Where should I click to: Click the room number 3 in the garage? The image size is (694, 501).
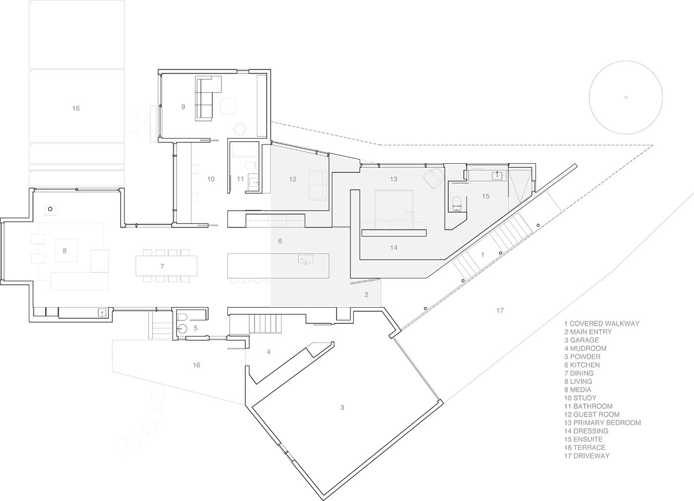[x=342, y=408]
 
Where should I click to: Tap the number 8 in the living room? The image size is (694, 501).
[x=65, y=250]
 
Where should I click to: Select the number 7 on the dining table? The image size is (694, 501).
[x=163, y=266]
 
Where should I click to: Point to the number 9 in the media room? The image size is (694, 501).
[x=183, y=106]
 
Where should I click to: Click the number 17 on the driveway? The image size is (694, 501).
[x=500, y=311]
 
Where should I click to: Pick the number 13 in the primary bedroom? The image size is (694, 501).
[x=393, y=179]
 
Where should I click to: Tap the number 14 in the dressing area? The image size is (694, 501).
[x=393, y=247]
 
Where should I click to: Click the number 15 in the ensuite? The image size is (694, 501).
[x=485, y=197]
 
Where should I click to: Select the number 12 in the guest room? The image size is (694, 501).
[x=293, y=179]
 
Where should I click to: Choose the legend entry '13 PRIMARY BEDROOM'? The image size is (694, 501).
[x=602, y=423]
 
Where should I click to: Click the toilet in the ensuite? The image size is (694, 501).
[x=456, y=204]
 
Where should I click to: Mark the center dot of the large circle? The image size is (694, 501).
[x=626, y=97]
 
